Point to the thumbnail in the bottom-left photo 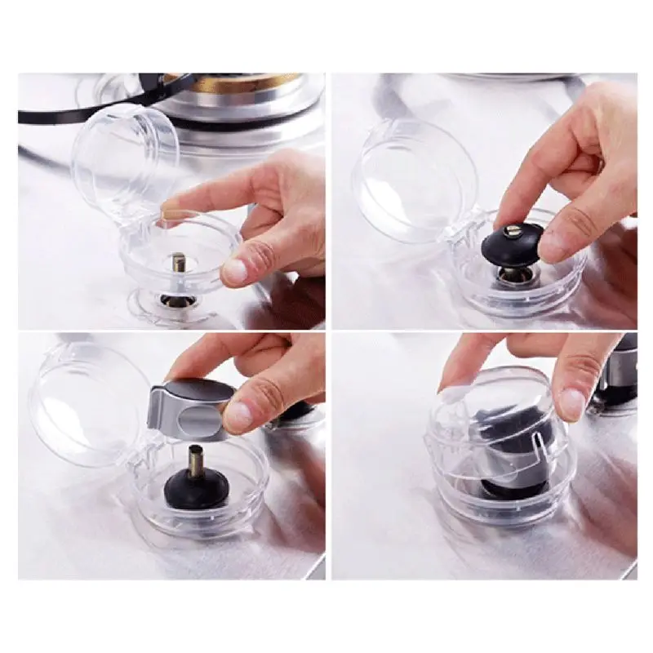point(239,415)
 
